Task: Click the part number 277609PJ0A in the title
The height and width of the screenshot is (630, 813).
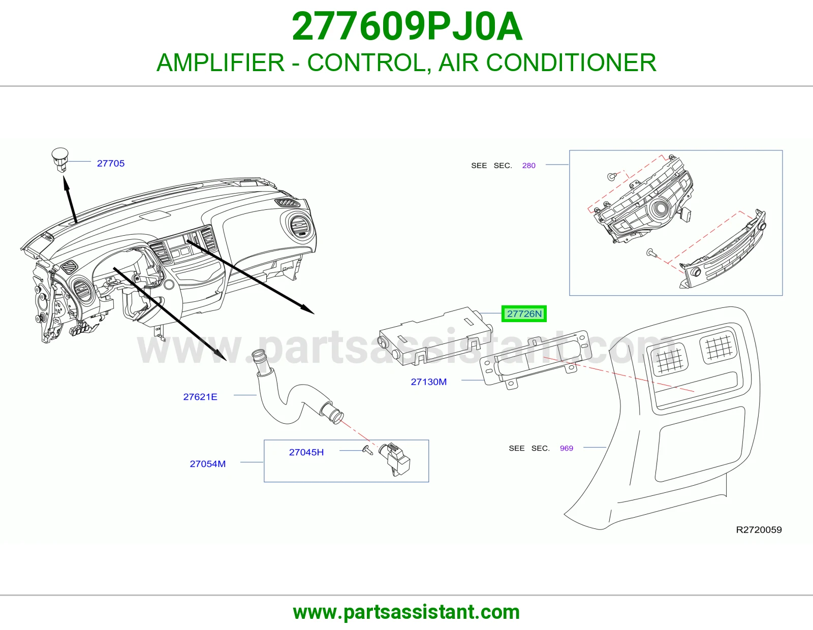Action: coord(407,27)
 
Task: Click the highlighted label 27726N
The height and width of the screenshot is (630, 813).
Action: coord(524,313)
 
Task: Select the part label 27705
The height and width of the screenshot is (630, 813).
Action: coord(111,164)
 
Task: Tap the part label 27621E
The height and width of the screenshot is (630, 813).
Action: coord(200,397)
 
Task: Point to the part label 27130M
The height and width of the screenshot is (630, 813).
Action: coord(429,382)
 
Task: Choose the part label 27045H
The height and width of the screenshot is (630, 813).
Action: coord(306,452)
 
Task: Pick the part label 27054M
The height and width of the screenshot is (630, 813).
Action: coord(208,464)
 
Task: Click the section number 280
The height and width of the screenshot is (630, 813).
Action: coord(528,166)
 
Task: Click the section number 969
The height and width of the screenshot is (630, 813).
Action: coord(567,448)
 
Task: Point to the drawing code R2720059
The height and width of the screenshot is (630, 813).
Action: coord(759,530)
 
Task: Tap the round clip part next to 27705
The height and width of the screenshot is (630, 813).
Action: coord(60,160)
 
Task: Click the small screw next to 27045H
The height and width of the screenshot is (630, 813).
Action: coord(367,450)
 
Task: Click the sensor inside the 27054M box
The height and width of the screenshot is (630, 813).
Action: coord(394,459)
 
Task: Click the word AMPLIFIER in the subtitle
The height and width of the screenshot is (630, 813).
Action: coord(221,62)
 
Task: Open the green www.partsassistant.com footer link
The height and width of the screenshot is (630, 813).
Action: coord(407,612)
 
